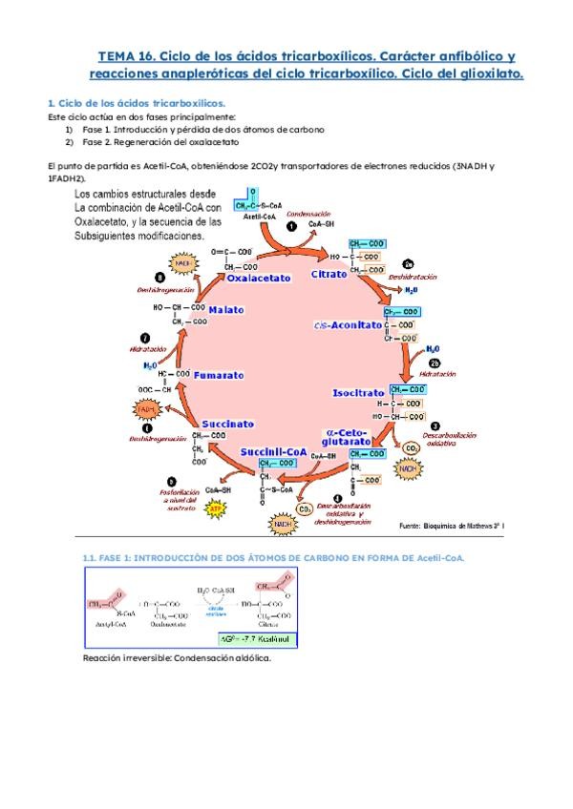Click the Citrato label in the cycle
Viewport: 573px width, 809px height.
(x=329, y=275)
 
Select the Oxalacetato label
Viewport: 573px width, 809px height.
(x=258, y=279)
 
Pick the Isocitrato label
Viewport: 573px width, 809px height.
(x=358, y=392)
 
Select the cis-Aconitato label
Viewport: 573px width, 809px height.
(x=347, y=325)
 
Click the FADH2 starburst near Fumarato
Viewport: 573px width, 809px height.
(x=146, y=409)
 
